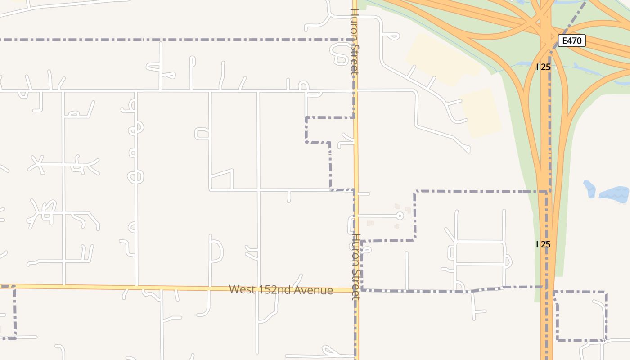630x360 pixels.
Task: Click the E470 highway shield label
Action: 572,40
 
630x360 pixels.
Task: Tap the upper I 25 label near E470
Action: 544,67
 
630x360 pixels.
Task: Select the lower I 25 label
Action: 544,244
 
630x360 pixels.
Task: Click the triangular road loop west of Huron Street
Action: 221,180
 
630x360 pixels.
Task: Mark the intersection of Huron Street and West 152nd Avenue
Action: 356,290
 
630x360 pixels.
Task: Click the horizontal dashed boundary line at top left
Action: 171,40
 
